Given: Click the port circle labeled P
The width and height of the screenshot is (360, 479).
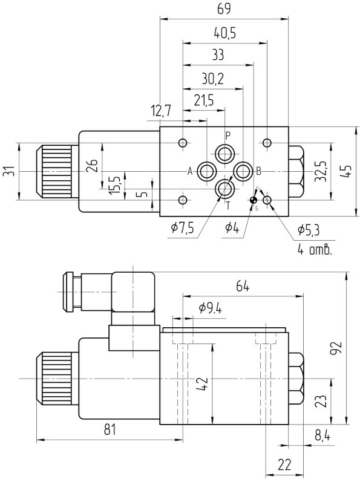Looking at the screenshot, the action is point(225,154).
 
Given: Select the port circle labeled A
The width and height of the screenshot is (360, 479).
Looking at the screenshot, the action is point(207,171).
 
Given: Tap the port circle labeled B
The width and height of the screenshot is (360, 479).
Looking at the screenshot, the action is point(243,171).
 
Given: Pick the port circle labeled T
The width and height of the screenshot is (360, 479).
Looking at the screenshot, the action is point(225,189).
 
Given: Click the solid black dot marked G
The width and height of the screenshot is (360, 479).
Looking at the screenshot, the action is point(254,200).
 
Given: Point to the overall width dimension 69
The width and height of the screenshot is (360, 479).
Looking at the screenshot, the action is point(224,9).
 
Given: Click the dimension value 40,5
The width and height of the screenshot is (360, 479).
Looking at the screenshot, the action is point(224,33).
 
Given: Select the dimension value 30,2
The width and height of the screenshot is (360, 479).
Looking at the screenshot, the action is point(213,79).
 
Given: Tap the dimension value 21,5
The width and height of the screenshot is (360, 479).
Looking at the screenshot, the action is point(203,100).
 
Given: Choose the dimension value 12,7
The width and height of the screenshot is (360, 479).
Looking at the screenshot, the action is point(161,111).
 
